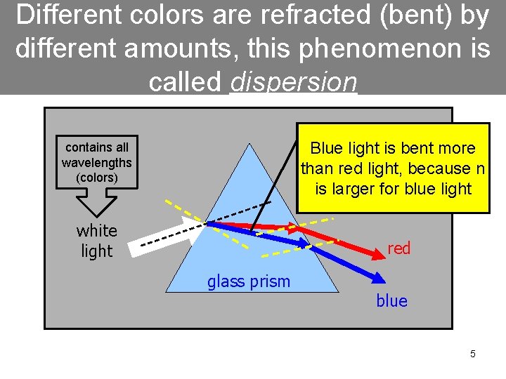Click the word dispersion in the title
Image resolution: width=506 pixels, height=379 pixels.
coord(294,83)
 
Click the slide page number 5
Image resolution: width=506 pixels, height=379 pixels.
coord(472,354)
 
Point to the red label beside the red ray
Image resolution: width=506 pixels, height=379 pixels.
coord(398,248)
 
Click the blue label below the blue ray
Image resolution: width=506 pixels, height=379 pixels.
coord(391,300)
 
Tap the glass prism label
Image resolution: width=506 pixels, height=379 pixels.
coord(248,281)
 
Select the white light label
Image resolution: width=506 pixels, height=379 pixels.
coord(96,241)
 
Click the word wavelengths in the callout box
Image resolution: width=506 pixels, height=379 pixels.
coord(96,162)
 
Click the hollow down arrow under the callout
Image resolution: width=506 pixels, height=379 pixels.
coord(96,204)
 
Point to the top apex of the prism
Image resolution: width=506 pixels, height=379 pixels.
coord(250,145)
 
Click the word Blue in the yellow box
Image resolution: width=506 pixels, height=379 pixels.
coord(325,149)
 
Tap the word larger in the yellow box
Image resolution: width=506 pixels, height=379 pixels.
coord(358,188)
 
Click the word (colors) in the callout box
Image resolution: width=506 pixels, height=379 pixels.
coord(96,177)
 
